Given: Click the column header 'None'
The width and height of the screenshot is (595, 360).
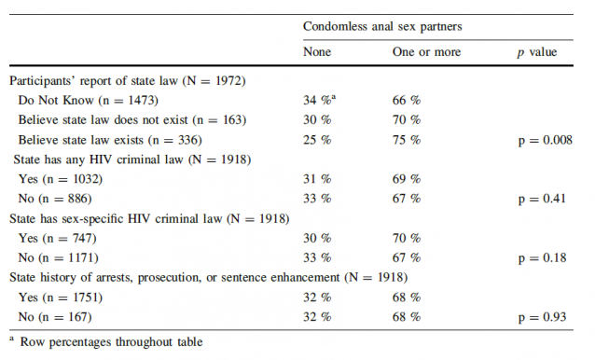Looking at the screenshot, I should coord(317,52).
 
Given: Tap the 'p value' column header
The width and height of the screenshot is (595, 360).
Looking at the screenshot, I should coord(536,52).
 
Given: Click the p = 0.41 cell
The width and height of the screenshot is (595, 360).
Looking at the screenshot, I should coord(541,198).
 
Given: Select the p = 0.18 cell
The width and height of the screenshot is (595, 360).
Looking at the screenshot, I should coord(541,256).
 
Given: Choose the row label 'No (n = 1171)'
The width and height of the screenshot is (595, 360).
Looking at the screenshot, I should coord(60,256).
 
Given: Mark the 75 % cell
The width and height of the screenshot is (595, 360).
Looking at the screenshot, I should coord(407,139).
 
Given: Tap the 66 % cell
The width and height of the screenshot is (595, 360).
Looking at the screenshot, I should coord(407,100).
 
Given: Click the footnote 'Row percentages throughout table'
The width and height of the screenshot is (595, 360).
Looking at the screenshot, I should coord(111,341).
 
